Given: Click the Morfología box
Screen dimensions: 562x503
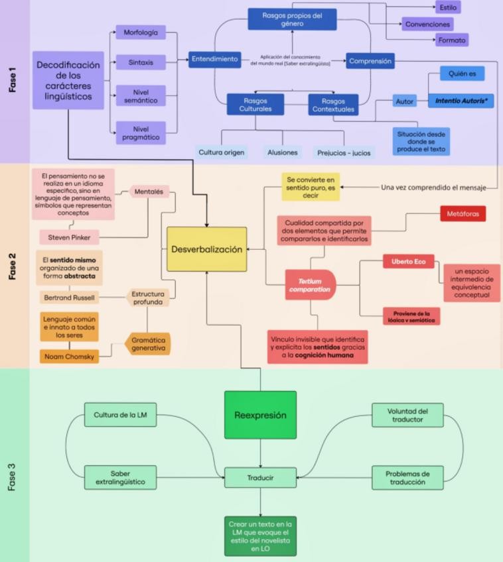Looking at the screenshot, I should pos(140,32).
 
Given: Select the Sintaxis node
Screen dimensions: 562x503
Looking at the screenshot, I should pos(140,62).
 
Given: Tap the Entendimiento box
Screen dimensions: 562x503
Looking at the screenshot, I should pos(214,59).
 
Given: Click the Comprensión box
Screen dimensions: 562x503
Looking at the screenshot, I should pos(370,61).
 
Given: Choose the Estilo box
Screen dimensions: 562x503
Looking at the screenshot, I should pos(448,7).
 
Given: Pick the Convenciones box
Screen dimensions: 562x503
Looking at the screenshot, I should pos(427,25).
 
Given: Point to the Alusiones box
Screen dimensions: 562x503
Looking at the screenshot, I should pos(283,152).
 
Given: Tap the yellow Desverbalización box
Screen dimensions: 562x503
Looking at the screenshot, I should pos(206,249).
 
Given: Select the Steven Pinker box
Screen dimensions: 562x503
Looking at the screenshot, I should pos(69,237).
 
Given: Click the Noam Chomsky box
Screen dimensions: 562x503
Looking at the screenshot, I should pos(68,357).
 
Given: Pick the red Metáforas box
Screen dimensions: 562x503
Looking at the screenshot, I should pos(463,213).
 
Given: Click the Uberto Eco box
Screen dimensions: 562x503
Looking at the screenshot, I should pos(408,261).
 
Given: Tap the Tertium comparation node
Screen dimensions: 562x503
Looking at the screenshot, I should pos(310,285).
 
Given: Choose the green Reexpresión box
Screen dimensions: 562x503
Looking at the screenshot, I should pos(260,415).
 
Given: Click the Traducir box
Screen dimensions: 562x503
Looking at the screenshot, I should pos(260,477).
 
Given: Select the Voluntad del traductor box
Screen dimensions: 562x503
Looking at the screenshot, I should pos(407,415).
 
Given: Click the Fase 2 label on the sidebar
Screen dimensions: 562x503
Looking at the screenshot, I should pos(13,265).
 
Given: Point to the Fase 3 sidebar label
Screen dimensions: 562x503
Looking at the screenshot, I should pos(13,477).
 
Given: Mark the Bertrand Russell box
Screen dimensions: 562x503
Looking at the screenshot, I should pos(69,298).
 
